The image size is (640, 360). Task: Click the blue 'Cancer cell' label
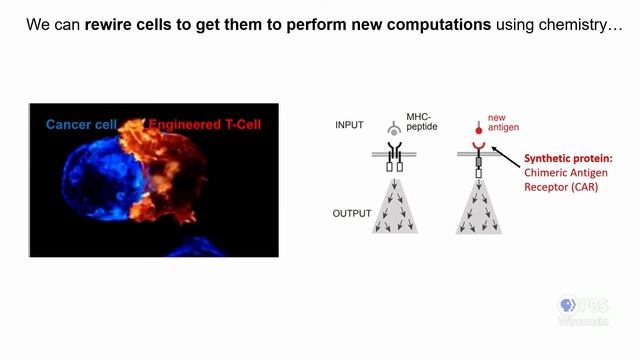click(85, 125)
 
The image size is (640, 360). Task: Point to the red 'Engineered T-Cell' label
click(205, 125)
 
